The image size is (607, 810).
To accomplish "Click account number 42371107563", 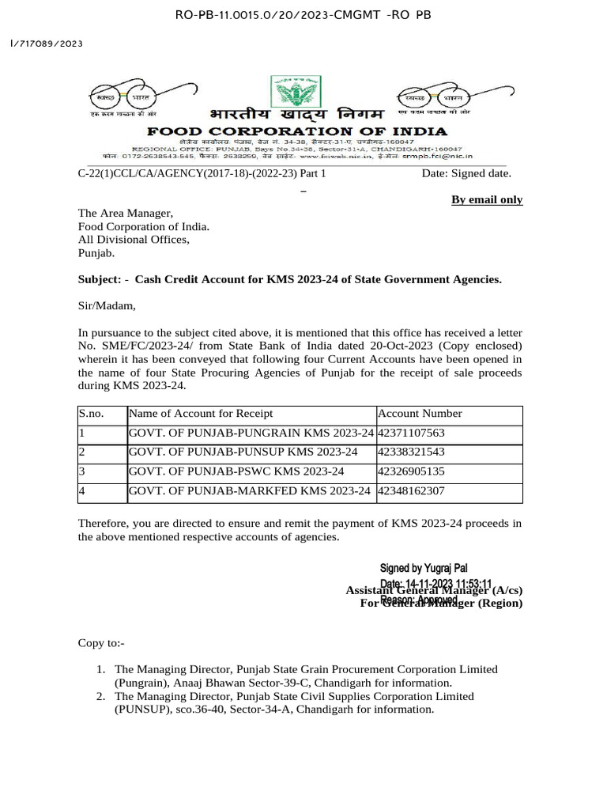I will click(x=411, y=433).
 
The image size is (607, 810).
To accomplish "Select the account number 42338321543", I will click(x=411, y=452).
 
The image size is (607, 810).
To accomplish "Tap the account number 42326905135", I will click(x=411, y=471).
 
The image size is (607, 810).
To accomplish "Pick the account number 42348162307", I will click(x=411, y=491).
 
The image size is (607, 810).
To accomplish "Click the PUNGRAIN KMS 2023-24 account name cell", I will click(x=251, y=433).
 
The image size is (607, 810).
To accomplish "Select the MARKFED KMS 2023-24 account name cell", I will click(x=249, y=491).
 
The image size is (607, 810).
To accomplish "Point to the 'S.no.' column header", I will click(x=91, y=414).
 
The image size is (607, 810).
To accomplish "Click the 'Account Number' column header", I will click(x=420, y=414).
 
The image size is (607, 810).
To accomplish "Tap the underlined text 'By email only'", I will click(x=487, y=199).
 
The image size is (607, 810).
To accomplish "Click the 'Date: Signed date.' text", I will click(x=466, y=173).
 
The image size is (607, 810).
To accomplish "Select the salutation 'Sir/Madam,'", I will click(x=107, y=305).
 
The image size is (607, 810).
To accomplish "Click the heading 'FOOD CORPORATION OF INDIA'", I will click(x=297, y=131).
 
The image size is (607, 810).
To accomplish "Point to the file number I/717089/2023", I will click(x=46, y=44).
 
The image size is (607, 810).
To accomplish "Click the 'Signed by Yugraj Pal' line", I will click(x=424, y=568).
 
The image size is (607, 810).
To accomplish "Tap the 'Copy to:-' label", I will click(x=101, y=643).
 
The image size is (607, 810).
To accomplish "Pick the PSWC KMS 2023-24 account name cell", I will click(x=236, y=471).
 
